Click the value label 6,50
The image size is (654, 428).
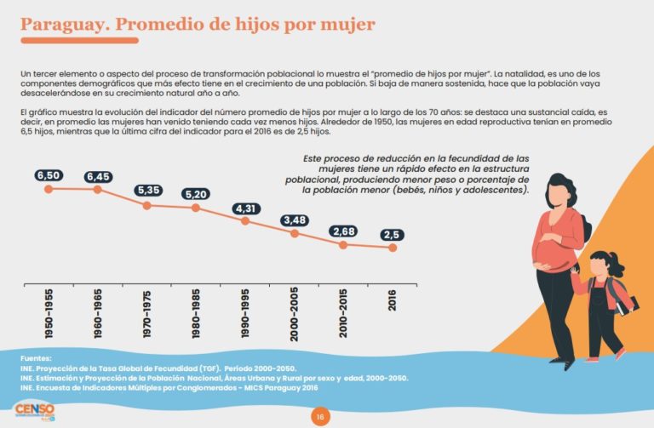[x=49, y=175]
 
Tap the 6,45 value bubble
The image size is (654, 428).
[x=97, y=176]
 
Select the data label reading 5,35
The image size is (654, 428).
[x=146, y=191]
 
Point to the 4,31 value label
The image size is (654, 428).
[x=245, y=208]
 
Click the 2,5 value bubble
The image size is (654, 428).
[x=393, y=235]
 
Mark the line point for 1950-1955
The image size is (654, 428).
[x=49, y=189]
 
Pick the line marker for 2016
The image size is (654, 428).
[x=393, y=248]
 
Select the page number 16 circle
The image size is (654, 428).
[x=320, y=416]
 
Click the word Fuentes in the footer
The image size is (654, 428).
[x=37, y=358]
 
